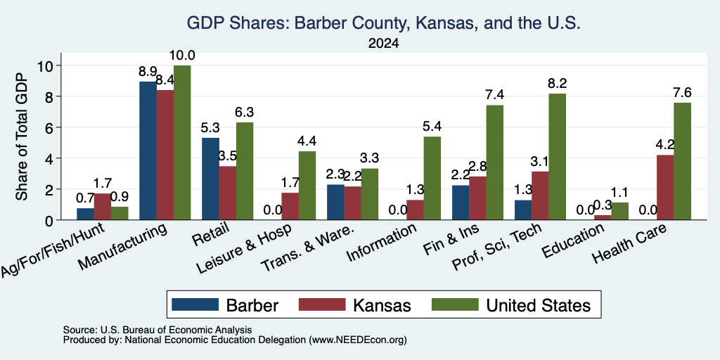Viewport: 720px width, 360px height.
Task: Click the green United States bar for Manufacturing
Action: tap(182, 142)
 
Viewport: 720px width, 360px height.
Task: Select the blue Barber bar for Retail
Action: tap(210, 179)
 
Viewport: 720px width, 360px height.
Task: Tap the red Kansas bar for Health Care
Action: tap(665, 187)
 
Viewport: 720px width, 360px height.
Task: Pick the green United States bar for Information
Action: tap(432, 178)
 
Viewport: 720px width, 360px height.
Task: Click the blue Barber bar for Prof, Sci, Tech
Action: tap(523, 210)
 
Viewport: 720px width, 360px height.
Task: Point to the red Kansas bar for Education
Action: tap(603, 218)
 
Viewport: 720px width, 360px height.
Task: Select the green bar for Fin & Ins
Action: tap(494, 162)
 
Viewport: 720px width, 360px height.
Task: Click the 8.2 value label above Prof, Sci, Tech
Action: tap(557, 83)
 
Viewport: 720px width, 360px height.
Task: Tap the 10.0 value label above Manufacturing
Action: tap(182, 56)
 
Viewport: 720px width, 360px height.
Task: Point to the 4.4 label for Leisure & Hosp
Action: tap(307, 141)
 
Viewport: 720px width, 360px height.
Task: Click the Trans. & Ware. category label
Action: tap(307, 248)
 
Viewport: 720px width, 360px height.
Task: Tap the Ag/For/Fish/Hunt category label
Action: tap(53, 250)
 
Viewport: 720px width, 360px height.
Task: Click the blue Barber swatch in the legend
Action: tap(195, 304)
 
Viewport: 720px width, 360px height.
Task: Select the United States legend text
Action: tap(538, 305)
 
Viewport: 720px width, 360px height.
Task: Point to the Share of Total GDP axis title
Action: tap(22, 136)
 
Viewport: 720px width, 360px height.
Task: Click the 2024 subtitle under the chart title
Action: tap(383, 44)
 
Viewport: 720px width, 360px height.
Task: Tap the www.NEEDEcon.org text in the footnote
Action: tap(358, 340)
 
